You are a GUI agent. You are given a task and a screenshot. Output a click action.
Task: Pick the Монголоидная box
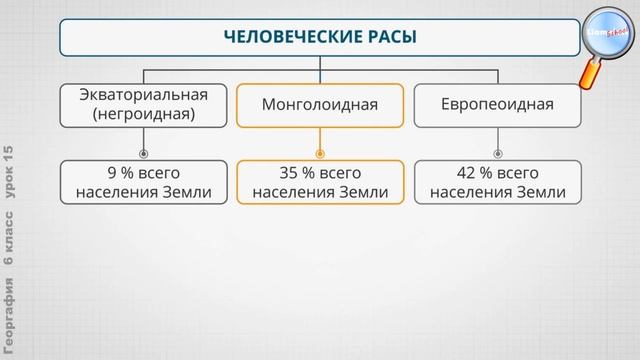pos(320,104)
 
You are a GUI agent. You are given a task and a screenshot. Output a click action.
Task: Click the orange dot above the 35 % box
pos(320,154)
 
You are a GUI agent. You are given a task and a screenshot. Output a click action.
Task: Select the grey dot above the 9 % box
pos(143,154)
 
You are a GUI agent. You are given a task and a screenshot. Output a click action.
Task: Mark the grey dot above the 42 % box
pos(497,154)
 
